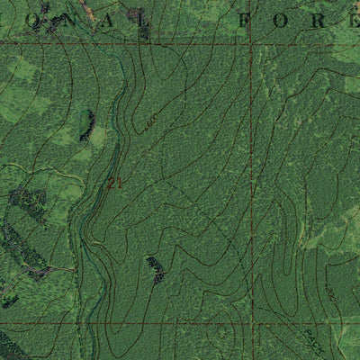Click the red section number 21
click(113, 184)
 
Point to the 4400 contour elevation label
click(150, 121)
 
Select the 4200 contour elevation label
click(332, 294)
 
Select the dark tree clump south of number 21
click(156, 269)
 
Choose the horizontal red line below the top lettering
click(135, 42)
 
